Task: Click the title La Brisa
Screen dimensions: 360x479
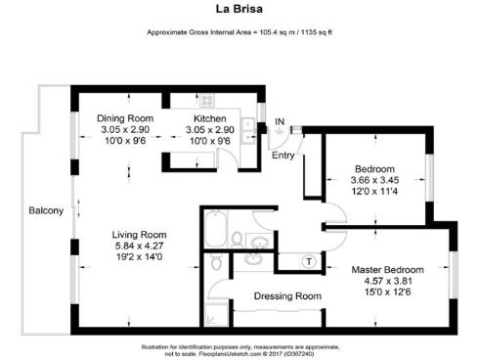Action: [x=239, y=11]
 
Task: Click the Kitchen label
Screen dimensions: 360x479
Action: [x=210, y=118]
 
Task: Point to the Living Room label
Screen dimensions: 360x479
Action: [x=140, y=234]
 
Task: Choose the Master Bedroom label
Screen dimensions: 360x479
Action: [x=387, y=269]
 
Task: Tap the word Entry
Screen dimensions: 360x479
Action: [x=283, y=155]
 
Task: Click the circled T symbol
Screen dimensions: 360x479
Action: [x=309, y=260]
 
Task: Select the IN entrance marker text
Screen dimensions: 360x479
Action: [x=280, y=121]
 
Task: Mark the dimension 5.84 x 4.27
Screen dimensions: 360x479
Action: [x=140, y=246]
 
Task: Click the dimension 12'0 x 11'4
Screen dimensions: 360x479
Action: [x=374, y=192]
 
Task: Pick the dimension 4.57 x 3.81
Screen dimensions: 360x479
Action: [x=387, y=281]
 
